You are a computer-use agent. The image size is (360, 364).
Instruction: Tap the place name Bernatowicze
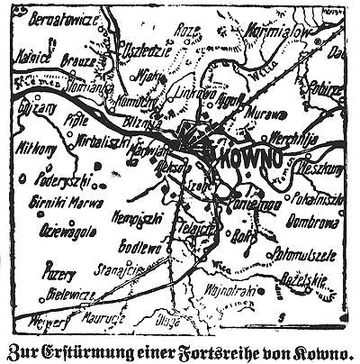coord(56,17)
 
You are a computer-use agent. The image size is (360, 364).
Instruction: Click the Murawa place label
coord(261,115)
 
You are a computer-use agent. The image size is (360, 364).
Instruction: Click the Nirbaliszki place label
coord(94,142)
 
